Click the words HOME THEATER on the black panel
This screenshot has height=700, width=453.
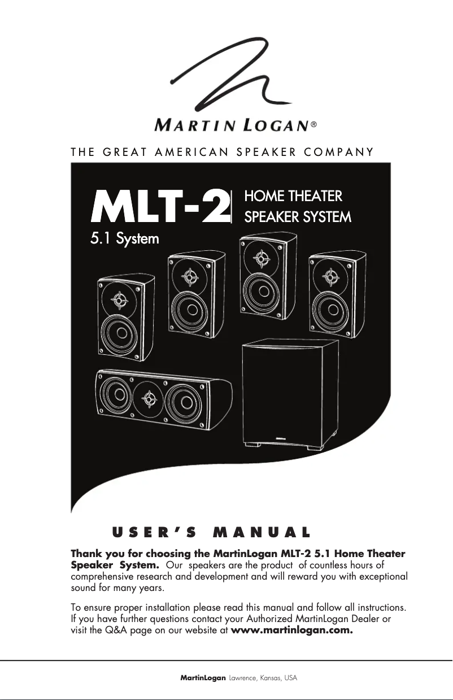[293, 196]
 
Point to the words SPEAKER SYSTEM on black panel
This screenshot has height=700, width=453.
[297, 216]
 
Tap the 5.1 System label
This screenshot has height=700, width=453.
[125, 238]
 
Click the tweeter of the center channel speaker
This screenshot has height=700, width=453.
[148, 398]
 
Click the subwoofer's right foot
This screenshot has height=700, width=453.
[312, 446]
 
